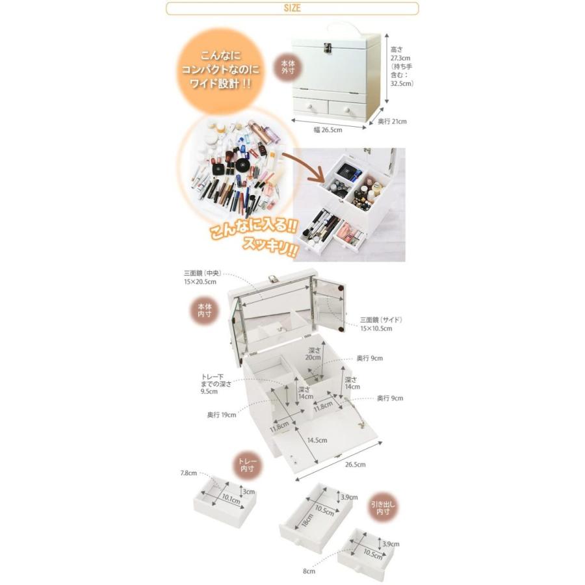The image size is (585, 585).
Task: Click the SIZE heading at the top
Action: coord(292,8)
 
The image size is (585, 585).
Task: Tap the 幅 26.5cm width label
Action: coord(328,129)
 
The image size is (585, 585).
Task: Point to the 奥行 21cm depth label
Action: coord(393,121)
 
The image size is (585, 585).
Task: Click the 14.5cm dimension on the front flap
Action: coord(317,440)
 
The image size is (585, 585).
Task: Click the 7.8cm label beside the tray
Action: coord(188,473)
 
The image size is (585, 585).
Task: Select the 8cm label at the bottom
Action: coord(309,571)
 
